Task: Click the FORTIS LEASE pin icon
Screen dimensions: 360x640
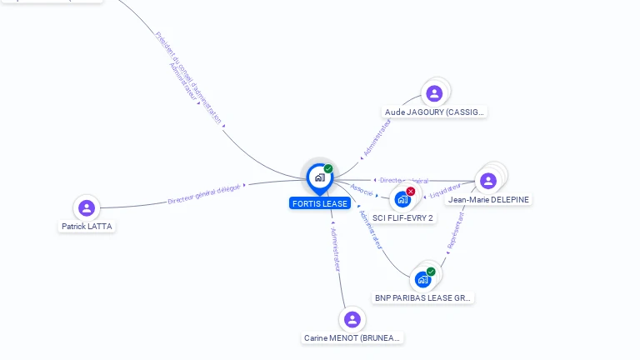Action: point(319,177)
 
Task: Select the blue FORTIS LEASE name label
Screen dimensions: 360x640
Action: point(319,203)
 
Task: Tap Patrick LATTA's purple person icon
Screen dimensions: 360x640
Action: point(86,207)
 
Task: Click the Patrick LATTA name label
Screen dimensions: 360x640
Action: point(87,226)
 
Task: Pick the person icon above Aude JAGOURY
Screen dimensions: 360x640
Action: point(433,93)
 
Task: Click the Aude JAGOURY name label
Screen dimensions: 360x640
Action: point(434,112)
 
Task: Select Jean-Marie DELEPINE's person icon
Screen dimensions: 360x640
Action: point(488,181)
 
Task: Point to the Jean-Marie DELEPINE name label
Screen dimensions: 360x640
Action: point(489,199)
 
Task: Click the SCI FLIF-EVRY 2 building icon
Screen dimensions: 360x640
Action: point(402,199)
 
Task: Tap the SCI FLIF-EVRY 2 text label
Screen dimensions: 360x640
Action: point(403,217)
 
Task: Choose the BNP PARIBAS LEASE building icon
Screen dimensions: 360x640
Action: point(423,279)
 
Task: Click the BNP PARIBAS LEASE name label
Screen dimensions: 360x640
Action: point(423,297)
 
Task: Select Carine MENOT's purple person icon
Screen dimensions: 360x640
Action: point(352,319)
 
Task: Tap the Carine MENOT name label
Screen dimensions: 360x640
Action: point(352,338)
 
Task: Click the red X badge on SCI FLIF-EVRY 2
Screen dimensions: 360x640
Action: point(411,192)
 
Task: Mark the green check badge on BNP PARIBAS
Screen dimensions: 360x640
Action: point(431,272)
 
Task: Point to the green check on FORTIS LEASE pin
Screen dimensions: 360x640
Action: point(328,169)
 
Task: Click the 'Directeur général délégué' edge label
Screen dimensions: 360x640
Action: point(203,195)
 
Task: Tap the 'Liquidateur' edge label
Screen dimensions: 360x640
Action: point(444,192)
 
